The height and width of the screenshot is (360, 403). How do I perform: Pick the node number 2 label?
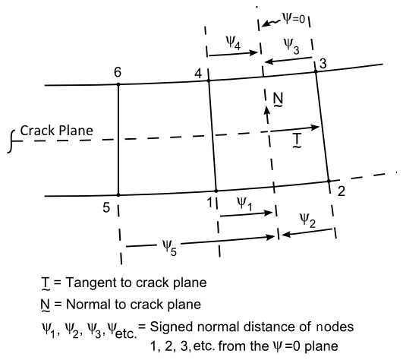342,191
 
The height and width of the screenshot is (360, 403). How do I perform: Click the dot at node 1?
216,190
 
